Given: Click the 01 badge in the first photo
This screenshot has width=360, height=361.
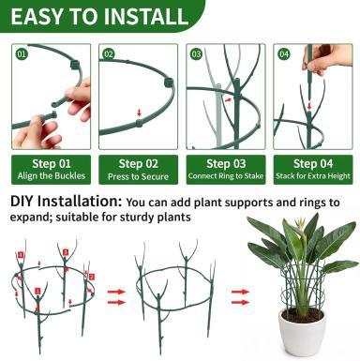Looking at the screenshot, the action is (22, 54).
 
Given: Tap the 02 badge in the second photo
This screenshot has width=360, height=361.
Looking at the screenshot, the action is (109, 54).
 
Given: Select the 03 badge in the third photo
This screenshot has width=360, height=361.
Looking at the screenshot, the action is (196, 54).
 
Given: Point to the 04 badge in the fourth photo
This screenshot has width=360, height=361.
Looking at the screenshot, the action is (283, 54).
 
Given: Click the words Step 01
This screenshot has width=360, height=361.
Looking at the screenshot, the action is (52, 163).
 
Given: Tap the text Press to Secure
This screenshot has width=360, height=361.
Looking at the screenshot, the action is (138, 176).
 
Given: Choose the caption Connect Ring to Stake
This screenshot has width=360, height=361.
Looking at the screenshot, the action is (226, 176).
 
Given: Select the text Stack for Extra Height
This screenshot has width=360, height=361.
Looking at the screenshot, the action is (313, 176).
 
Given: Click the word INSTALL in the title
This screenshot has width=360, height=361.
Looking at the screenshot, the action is (146, 16).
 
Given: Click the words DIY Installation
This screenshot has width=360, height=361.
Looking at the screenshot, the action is (66, 202).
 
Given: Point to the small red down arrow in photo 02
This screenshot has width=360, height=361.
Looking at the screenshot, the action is (139, 113).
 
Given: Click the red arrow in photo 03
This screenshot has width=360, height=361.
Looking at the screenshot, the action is (229, 99).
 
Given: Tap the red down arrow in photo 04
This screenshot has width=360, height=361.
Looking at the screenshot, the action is (309, 106).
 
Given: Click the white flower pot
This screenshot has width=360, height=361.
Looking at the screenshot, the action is (303, 331).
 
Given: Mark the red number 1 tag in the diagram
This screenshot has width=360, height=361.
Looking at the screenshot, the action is (37, 291).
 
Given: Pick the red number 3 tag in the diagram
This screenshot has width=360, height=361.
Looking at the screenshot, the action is (66, 252).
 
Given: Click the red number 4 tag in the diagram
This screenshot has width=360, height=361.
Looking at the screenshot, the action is (21, 255).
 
